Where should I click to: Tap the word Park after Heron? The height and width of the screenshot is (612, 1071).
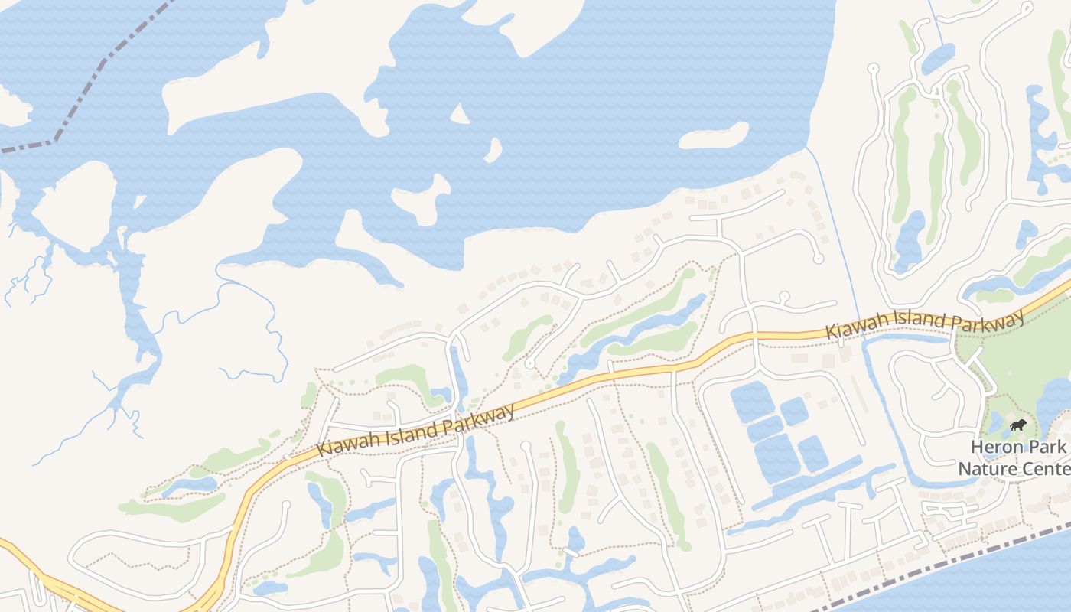[x=1048, y=447]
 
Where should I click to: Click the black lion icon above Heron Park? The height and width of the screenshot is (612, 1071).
[x=1017, y=425]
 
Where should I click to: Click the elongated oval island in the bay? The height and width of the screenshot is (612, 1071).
[x=713, y=136]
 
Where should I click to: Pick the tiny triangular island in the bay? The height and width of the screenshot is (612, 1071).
[x=459, y=116]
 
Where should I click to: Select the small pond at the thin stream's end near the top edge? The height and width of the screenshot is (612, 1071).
[x=938, y=58]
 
